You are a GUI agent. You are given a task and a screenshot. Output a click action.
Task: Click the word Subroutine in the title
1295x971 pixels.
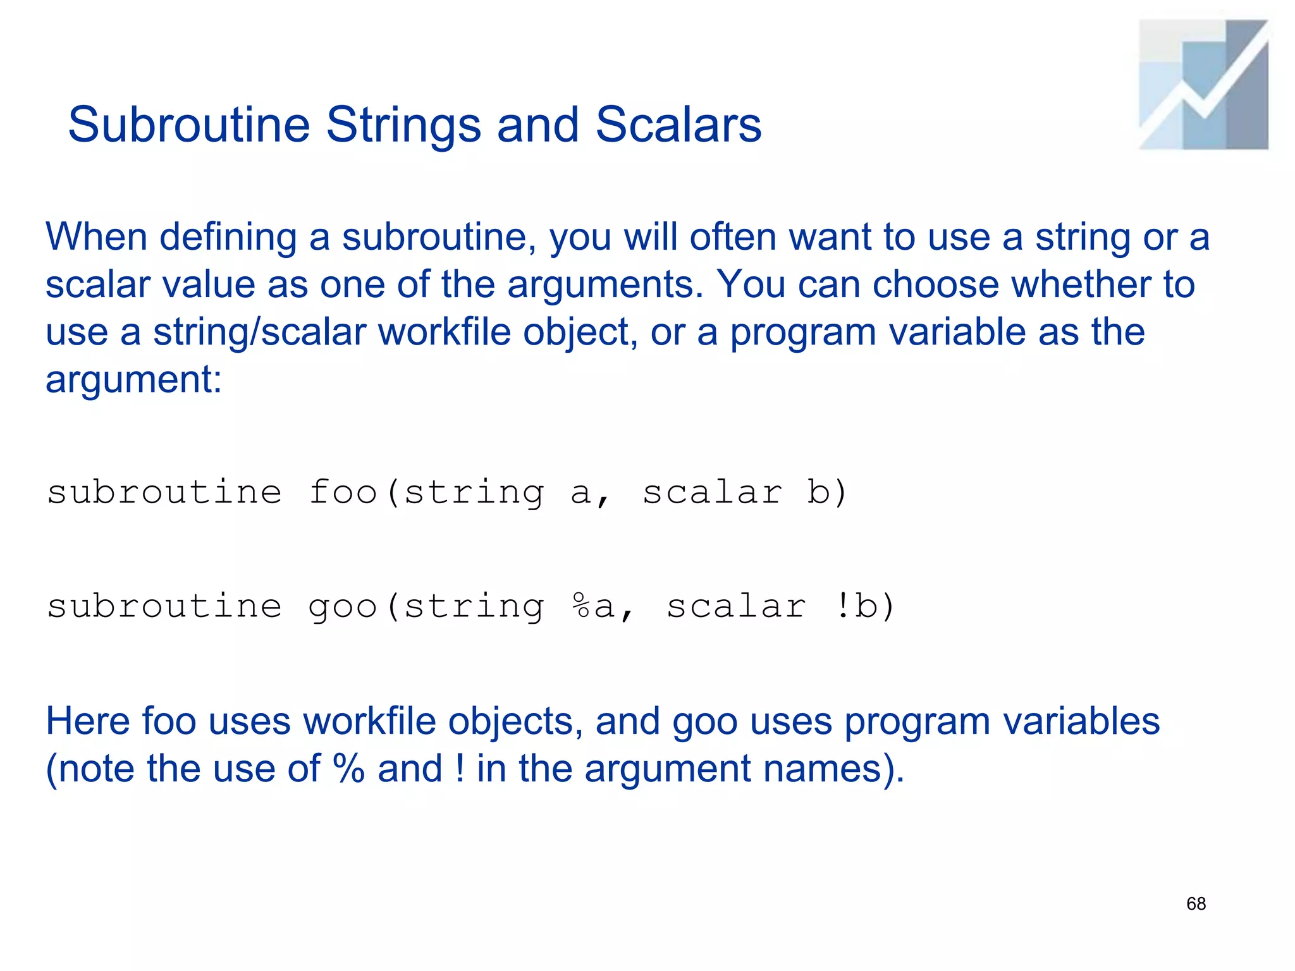[188, 125]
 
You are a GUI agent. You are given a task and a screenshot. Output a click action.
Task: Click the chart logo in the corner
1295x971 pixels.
[1203, 85]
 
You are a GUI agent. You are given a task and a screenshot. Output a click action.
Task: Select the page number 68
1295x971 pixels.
[1196, 904]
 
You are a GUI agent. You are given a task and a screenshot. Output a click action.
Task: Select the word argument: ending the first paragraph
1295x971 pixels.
[133, 380]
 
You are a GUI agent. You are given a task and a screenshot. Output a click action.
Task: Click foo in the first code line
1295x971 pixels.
[343, 492]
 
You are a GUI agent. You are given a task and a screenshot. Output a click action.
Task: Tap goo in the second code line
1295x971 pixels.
[343, 607]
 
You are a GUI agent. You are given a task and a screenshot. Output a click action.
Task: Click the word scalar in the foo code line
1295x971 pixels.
[713, 492]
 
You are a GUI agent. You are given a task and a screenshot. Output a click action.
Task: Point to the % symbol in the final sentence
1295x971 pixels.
[348, 769]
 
